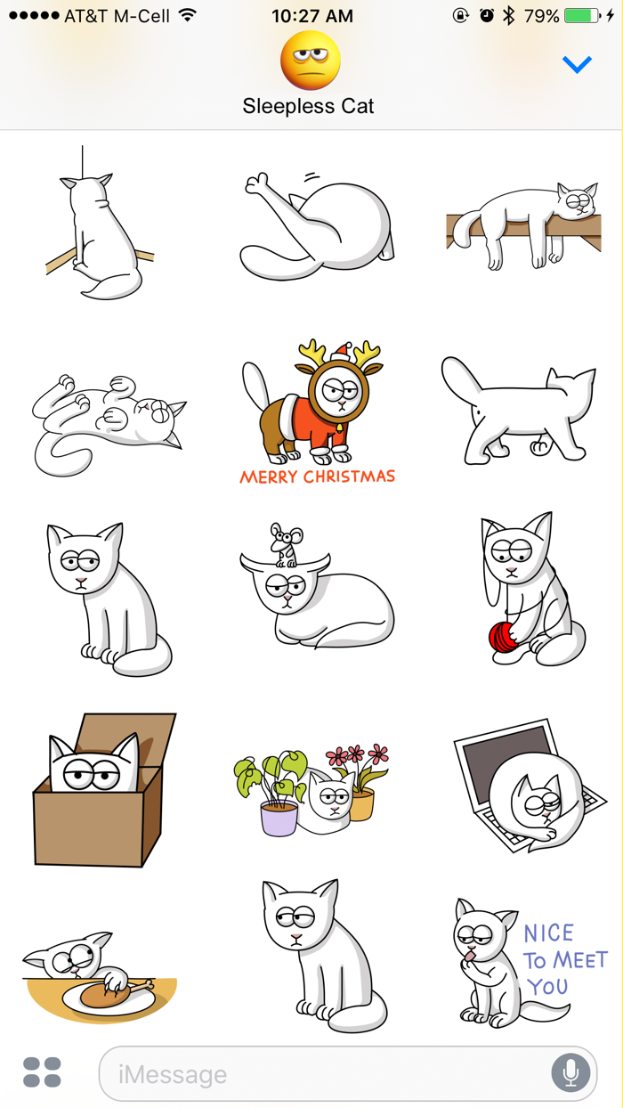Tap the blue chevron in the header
[x=577, y=65]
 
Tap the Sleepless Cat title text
[x=309, y=107]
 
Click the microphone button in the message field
[x=570, y=1073]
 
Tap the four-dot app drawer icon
[x=42, y=1072]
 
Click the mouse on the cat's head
[x=285, y=544]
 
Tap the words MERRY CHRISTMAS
[x=317, y=477]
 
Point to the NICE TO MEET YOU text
[x=563, y=959]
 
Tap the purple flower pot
[x=279, y=817]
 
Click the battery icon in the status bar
[x=582, y=16]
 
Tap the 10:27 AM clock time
[x=311, y=16]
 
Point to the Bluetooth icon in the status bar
[x=508, y=16]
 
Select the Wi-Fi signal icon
[x=187, y=16]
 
